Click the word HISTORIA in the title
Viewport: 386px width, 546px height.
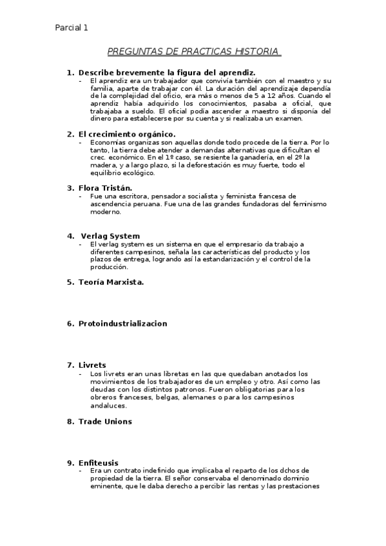point(257,51)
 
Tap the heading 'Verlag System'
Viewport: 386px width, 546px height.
point(110,236)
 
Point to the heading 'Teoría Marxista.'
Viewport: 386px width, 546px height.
point(111,282)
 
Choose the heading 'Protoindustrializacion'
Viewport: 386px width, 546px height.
point(122,323)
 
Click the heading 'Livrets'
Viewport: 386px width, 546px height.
point(92,365)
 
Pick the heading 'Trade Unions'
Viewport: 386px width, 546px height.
point(105,421)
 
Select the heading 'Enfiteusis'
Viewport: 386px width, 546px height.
point(99,463)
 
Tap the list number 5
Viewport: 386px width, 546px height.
point(70,282)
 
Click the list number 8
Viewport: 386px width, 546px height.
point(70,421)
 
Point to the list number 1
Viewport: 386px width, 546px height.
point(70,73)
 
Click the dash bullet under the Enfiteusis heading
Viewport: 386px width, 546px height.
point(81,471)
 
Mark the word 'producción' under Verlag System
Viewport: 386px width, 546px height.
point(109,267)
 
